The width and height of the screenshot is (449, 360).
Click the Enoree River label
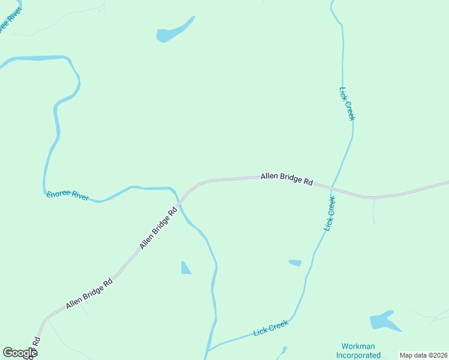click(x=67, y=195)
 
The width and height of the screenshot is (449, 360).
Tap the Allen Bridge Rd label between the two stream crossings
click(x=286, y=179)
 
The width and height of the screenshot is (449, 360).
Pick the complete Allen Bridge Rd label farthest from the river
click(x=89, y=294)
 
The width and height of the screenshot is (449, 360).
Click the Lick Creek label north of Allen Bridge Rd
click(x=347, y=104)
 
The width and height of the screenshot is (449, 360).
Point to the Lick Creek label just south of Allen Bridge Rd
click(x=329, y=214)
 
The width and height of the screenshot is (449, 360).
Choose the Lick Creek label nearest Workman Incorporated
click(x=271, y=328)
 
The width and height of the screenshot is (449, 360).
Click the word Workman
click(x=358, y=346)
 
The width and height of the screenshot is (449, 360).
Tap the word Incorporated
click(x=358, y=355)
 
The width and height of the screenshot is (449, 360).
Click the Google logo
click(x=20, y=353)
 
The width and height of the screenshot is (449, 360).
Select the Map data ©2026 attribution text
click(x=423, y=355)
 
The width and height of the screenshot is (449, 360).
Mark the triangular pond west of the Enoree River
click(x=185, y=268)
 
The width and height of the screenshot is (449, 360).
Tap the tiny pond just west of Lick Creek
click(x=295, y=263)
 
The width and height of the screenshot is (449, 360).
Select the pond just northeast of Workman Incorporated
click(x=383, y=321)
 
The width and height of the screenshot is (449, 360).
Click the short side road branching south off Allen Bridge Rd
click(x=373, y=210)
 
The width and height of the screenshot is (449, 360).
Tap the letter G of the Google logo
click(x=8, y=353)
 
